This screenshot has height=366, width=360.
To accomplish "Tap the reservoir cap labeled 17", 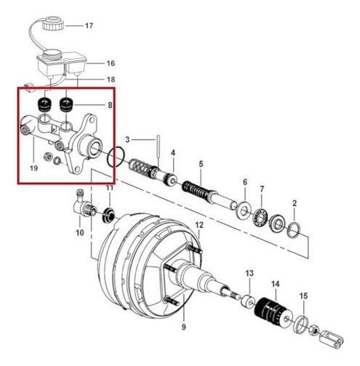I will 54,24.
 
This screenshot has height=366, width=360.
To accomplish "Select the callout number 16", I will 111,63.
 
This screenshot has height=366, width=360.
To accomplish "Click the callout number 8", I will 110,105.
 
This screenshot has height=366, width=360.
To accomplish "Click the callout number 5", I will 201,164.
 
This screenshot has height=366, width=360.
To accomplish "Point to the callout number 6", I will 244,182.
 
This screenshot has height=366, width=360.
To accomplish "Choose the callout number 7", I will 263,189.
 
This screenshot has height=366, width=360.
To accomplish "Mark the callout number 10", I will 80,234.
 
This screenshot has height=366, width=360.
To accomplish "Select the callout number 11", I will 109,188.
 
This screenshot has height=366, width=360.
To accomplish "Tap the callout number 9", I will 184,327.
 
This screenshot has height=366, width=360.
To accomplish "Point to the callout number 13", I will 249,273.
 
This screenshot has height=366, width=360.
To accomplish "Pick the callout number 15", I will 304,295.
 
